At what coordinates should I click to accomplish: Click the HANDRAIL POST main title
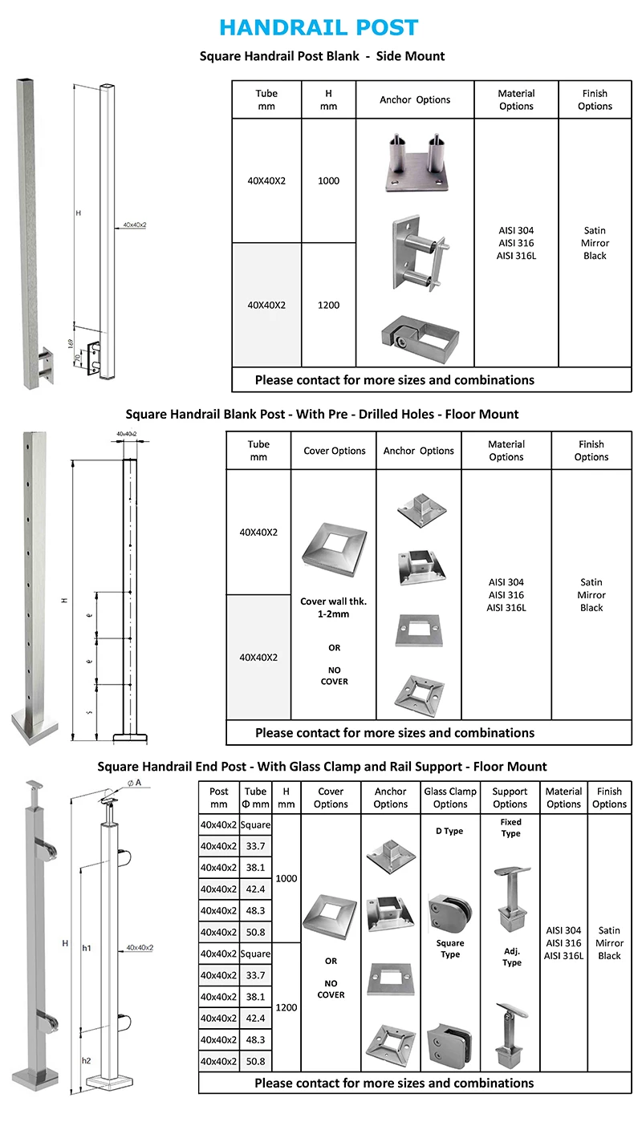click(319, 27)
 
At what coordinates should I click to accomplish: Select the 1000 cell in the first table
click(328, 181)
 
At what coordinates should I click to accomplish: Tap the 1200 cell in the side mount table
click(328, 306)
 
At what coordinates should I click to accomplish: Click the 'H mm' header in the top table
click(328, 100)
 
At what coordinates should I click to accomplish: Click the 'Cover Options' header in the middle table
click(334, 451)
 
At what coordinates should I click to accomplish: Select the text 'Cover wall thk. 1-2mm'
click(334, 607)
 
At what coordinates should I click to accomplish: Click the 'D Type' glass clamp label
click(449, 831)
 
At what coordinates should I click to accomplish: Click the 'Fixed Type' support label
click(510, 828)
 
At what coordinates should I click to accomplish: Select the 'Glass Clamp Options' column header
click(450, 798)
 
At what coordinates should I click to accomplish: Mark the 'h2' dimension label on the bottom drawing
click(87, 1060)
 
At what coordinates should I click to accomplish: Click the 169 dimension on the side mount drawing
click(71, 343)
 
